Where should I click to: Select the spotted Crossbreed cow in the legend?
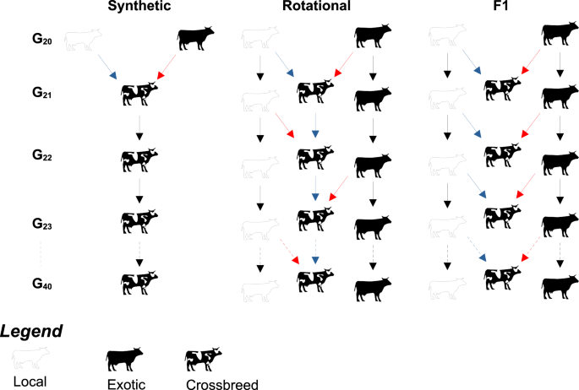(x=204, y=359)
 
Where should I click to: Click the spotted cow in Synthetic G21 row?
(x=139, y=93)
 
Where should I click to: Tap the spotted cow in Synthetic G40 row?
(x=139, y=281)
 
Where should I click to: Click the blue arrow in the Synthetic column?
(x=107, y=67)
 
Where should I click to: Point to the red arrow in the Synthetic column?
(x=168, y=67)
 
